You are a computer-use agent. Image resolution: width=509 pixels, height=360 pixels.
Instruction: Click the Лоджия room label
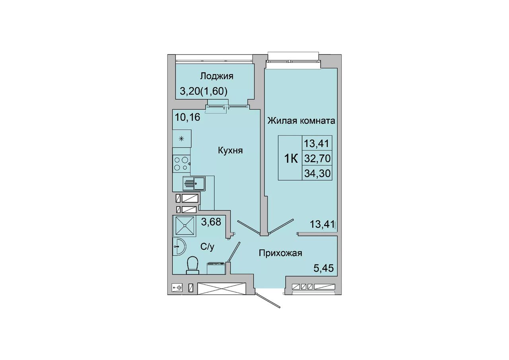(x=217, y=76)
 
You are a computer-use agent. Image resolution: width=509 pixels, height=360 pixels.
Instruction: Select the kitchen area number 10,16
(x=187, y=117)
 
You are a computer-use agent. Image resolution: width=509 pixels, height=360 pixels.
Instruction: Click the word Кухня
(x=230, y=150)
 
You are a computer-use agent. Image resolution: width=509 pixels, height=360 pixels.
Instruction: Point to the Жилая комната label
(x=301, y=121)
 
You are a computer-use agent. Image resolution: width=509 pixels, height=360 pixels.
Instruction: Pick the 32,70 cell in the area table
(x=317, y=158)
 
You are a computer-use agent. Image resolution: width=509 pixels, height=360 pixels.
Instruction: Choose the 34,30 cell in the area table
(x=317, y=174)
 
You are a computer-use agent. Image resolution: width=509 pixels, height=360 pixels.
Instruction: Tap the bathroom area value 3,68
(x=211, y=222)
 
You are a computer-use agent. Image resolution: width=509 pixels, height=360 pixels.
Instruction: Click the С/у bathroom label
(x=207, y=247)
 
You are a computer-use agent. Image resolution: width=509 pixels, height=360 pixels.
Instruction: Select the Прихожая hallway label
(x=281, y=253)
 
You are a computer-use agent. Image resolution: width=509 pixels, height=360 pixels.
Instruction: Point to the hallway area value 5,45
(x=324, y=268)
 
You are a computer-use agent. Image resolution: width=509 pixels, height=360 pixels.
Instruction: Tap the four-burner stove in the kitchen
(x=182, y=163)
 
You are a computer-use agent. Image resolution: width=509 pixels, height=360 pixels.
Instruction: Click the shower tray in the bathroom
(x=185, y=226)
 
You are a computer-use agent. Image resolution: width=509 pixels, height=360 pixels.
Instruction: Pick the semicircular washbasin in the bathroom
(x=179, y=246)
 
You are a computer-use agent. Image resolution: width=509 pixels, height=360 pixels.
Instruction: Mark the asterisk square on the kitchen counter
(x=182, y=139)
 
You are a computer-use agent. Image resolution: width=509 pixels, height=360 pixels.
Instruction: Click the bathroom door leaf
(x=234, y=251)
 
